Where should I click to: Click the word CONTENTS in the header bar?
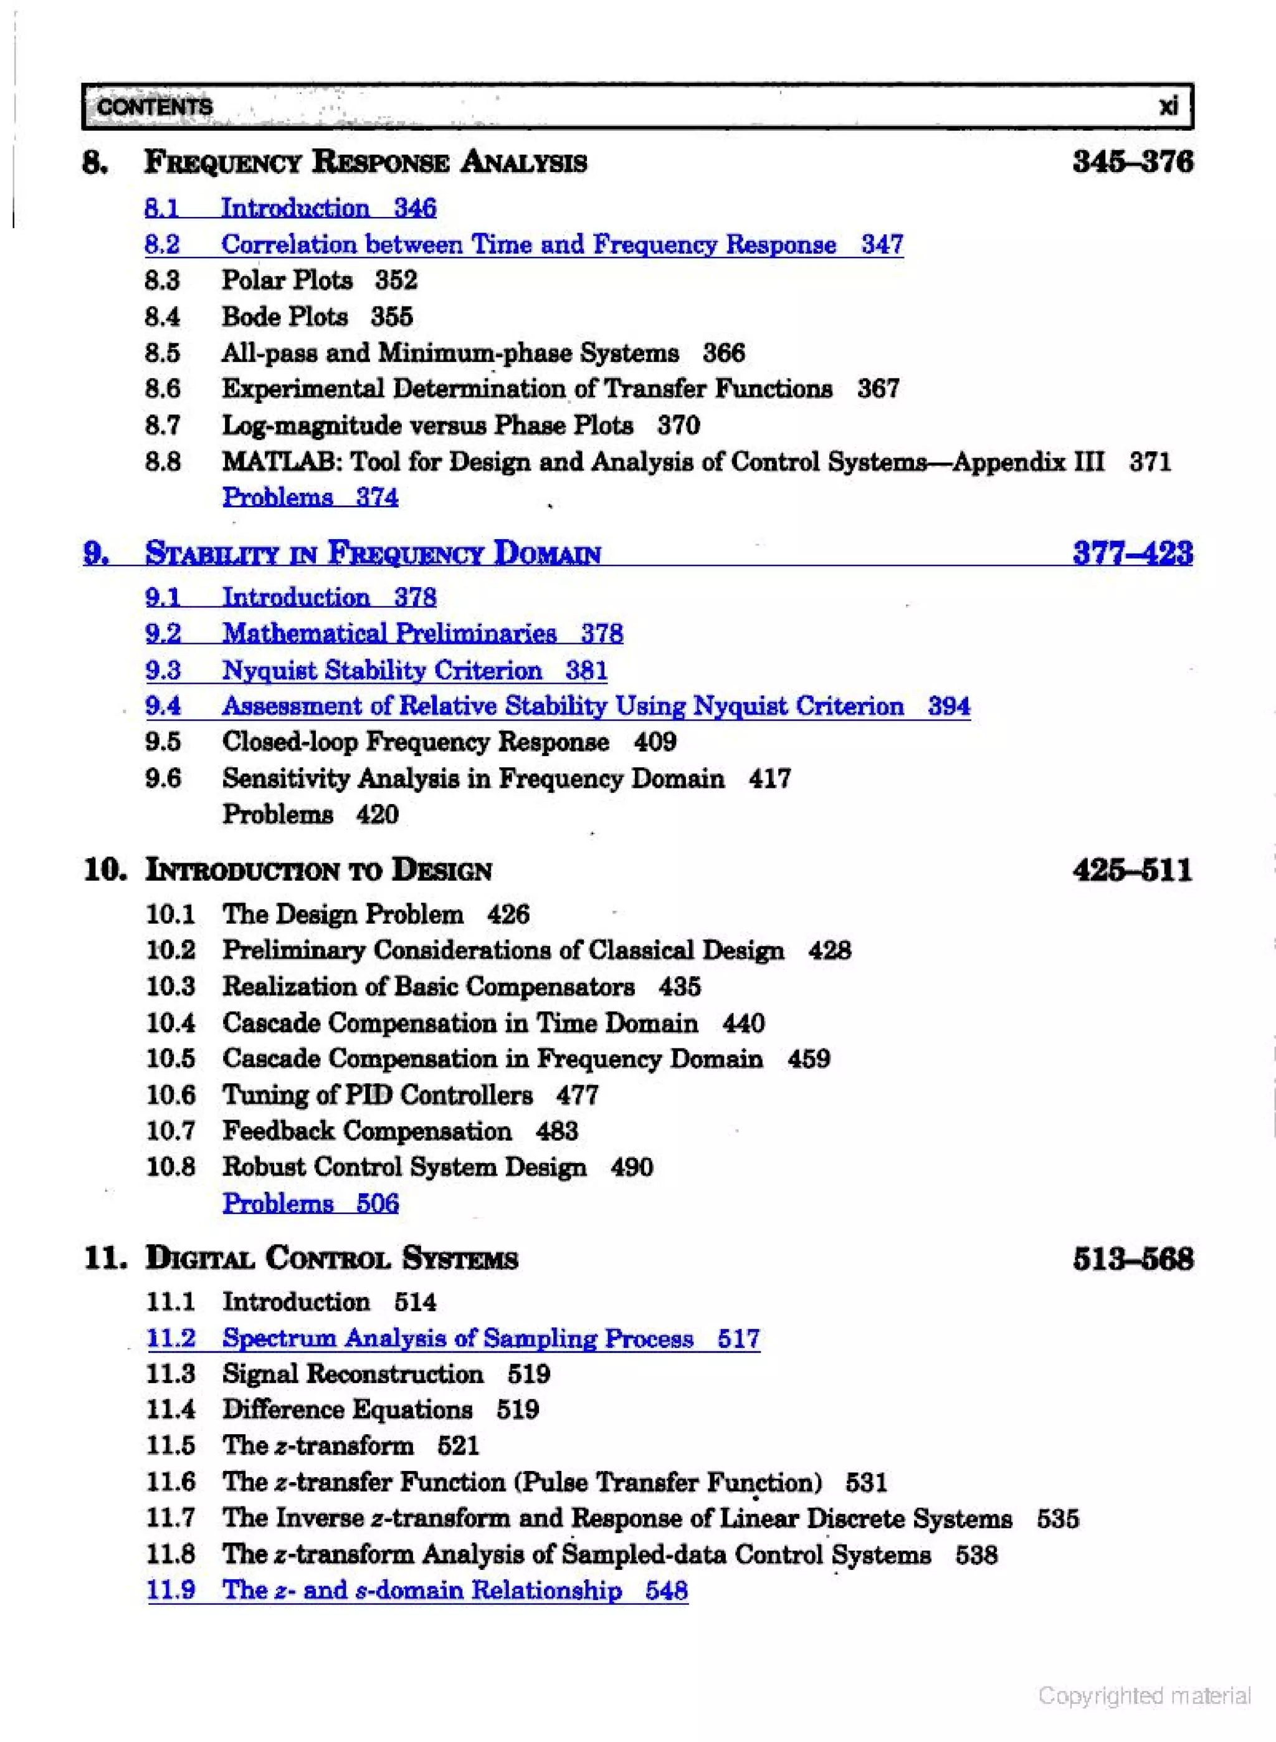[155, 107]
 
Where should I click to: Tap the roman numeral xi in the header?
[1168, 106]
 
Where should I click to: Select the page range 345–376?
[1132, 162]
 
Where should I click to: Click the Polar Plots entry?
[287, 280]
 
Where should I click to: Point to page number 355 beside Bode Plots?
[392, 317]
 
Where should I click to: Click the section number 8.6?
[162, 388]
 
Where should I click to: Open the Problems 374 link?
[310, 497]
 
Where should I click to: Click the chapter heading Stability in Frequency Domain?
[373, 554]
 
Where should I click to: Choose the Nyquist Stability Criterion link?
[383, 671]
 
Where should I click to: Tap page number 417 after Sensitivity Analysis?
[769, 778]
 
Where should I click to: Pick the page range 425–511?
[1132, 871]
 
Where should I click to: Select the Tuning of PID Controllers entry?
[378, 1096]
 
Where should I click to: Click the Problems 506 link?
[310, 1204]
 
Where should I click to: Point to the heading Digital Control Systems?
[331, 1258]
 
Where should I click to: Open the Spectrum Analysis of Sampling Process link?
[457, 1339]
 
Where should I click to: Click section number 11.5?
[171, 1445]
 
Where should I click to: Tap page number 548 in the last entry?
[667, 1591]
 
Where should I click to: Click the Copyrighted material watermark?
[1144, 1696]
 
